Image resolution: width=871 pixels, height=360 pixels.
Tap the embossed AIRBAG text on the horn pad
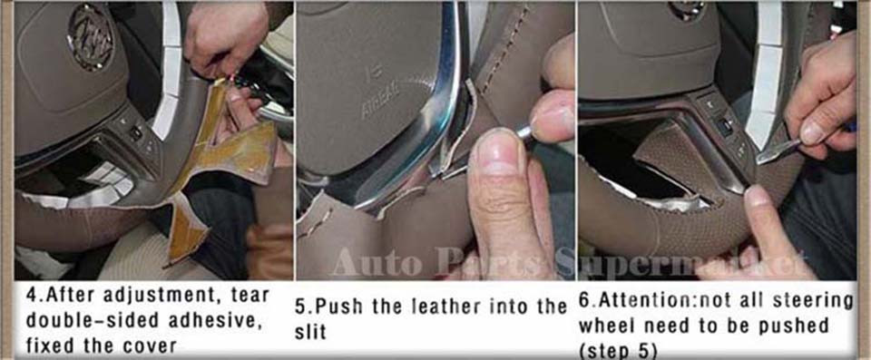[x=379, y=101]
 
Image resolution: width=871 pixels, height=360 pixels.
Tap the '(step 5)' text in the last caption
[x=619, y=351]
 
